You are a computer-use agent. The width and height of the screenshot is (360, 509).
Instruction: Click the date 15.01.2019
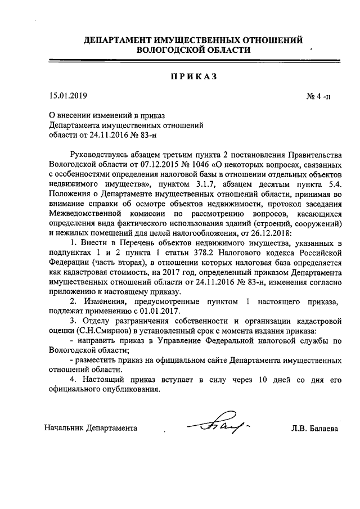coord(65,95)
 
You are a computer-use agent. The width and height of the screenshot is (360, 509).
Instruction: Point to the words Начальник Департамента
coord(91,428)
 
